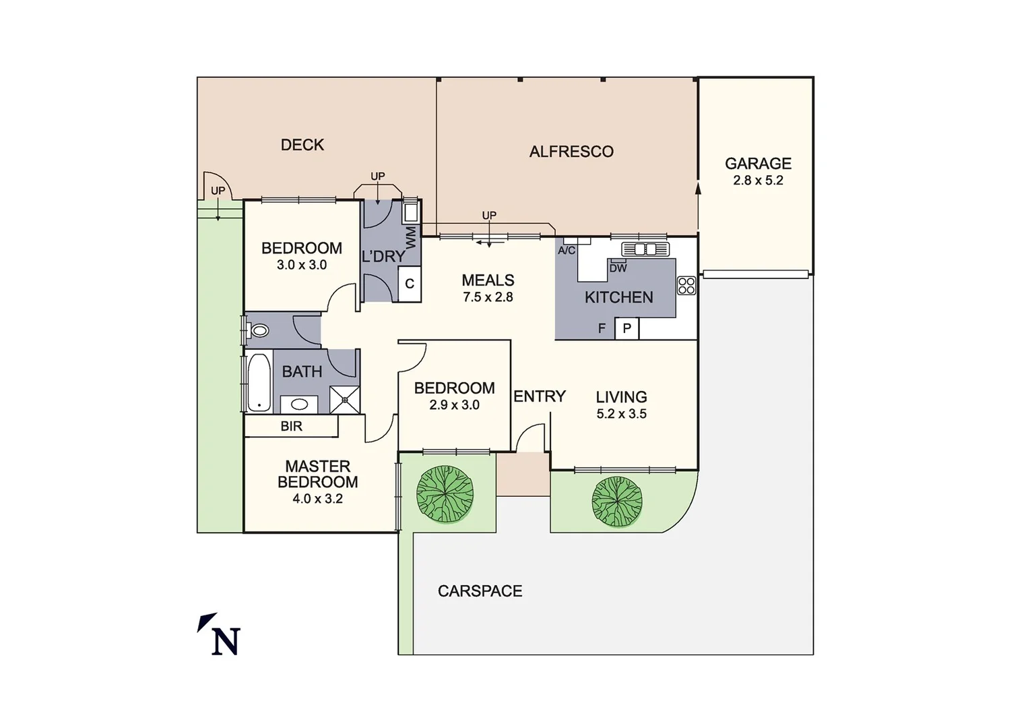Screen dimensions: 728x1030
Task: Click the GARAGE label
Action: pos(758,164)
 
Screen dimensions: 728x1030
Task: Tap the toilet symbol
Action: pos(259,330)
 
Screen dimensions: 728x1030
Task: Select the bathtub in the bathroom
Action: pos(258,382)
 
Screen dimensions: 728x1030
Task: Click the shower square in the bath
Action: pos(344,399)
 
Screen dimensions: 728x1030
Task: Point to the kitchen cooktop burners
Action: pos(686,286)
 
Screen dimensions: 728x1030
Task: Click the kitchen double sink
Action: pos(646,249)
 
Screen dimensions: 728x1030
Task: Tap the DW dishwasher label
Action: pos(618,268)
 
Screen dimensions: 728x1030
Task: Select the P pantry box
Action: pos(626,328)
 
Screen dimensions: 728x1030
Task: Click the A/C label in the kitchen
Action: pos(567,251)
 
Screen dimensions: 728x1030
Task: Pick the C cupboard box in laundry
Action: pos(410,284)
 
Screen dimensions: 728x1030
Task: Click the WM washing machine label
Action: pos(411,237)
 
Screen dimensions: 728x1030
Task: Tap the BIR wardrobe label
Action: pos(292,426)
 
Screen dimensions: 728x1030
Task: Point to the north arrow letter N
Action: pos(226,642)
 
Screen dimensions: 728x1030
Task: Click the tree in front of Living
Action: pos(617,502)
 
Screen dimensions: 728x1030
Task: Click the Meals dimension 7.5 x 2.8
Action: pos(488,297)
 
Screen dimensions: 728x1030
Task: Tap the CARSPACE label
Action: pos(480,591)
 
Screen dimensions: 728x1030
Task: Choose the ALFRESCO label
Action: pos(571,152)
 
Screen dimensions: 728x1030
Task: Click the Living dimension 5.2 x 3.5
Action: pos(621,414)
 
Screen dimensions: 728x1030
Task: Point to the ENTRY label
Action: pos(540,396)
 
